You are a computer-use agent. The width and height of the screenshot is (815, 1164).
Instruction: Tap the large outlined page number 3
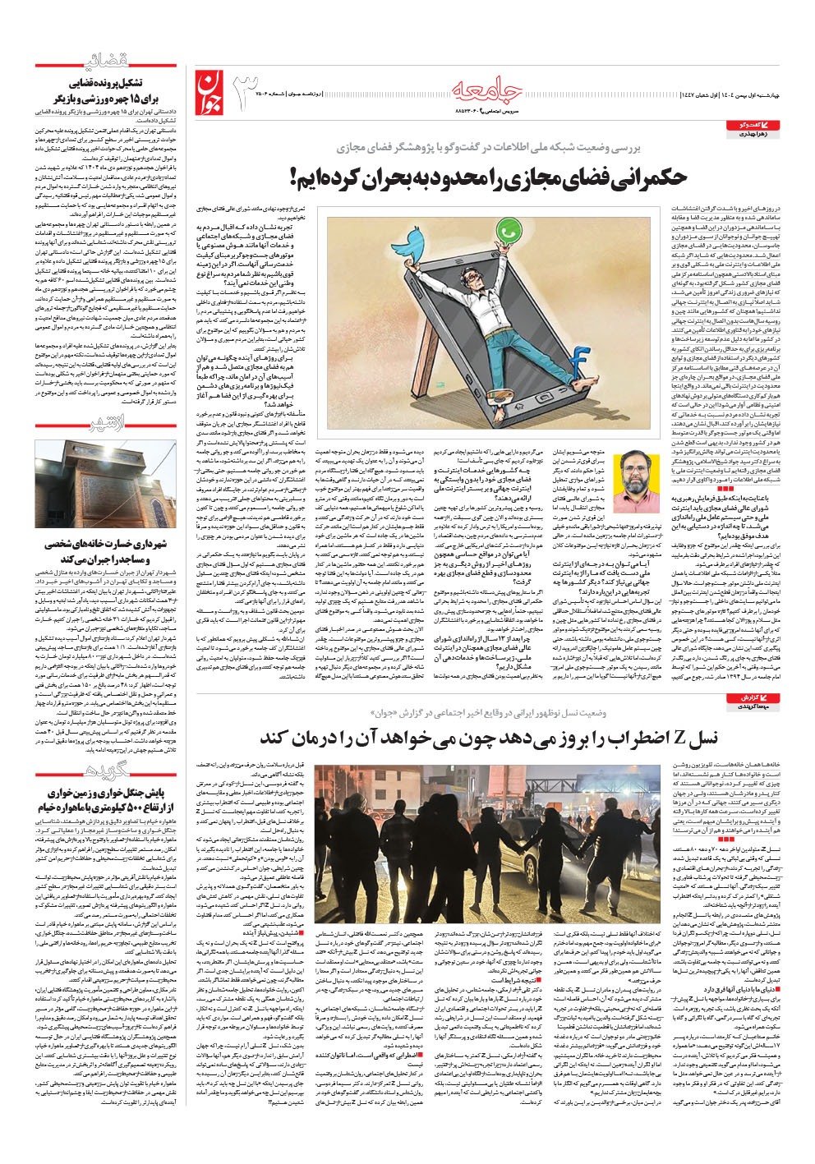(x=250, y=93)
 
